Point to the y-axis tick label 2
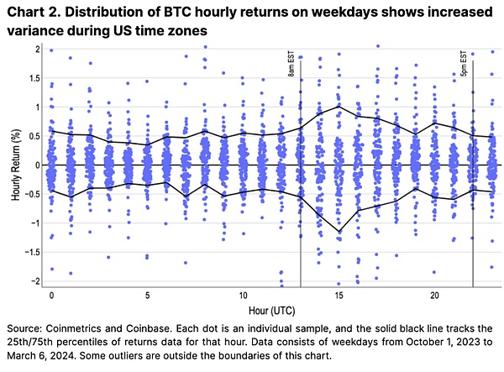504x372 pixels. click(x=38, y=50)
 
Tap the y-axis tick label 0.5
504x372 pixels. click(x=34, y=136)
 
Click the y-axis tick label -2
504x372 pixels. click(x=35, y=280)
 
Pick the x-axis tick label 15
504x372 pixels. click(x=339, y=296)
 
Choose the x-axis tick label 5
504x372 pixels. click(x=147, y=296)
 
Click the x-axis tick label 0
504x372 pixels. click(x=51, y=296)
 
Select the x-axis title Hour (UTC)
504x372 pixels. click(x=265, y=311)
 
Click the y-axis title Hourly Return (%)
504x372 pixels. click(x=15, y=165)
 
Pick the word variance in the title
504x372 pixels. click(x=36, y=30)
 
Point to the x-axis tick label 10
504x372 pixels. click(x=243, y=296)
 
